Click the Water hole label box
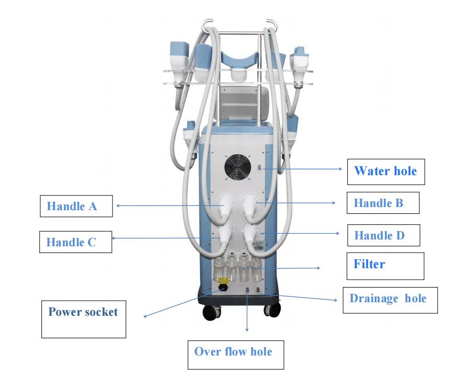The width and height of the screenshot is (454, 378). [x=386, y=171]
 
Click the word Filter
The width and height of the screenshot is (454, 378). [x=369, y=264]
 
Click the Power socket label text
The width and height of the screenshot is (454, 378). [x=83, y=312]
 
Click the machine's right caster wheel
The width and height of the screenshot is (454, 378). [x=272, y=310]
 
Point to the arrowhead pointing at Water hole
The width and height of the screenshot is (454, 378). [x=340, y=169]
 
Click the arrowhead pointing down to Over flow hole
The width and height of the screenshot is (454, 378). [x=247, y=330]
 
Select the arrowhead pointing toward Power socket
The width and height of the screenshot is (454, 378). [x=145, y=316]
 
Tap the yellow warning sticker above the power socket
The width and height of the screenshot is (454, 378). [x=223, y=280]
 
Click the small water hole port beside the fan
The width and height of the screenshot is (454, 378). [x=259, y=168]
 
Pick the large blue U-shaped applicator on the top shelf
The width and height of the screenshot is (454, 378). [x=239, y=61]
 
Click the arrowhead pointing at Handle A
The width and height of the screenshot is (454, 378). [x=118, y=206]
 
